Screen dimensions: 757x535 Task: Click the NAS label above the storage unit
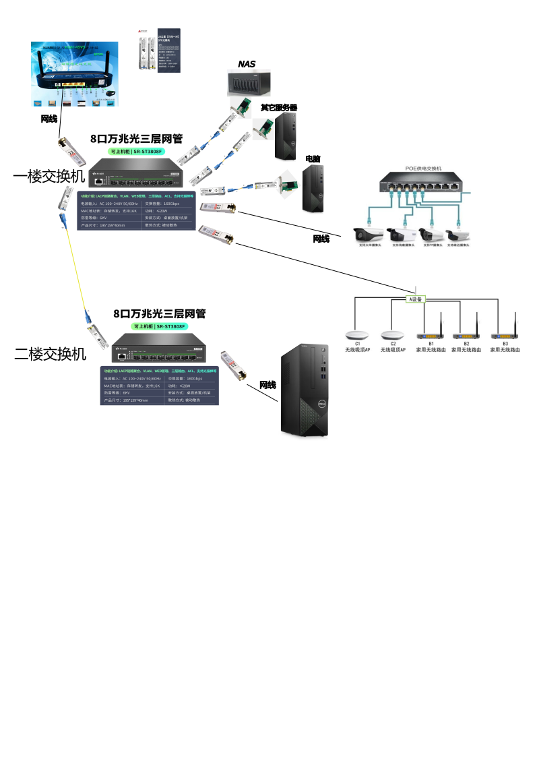click(247, 64)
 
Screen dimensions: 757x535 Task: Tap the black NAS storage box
click(248, 84)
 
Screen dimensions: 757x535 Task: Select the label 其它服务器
click(279, 108)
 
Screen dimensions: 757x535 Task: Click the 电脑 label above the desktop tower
click(313, 159)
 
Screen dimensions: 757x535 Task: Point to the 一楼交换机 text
click(49, 177)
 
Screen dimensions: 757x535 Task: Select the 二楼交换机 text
click(51, 353)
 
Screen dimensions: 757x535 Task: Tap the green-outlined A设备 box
click(416, 299)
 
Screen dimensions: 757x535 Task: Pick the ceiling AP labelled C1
click(358, 336)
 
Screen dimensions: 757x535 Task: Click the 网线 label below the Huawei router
click(50, 119)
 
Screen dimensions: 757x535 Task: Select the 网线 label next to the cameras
click(321, 239)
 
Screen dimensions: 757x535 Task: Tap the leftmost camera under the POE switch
click(369, 235)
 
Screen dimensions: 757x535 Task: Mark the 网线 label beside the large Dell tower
click(268, 385)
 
